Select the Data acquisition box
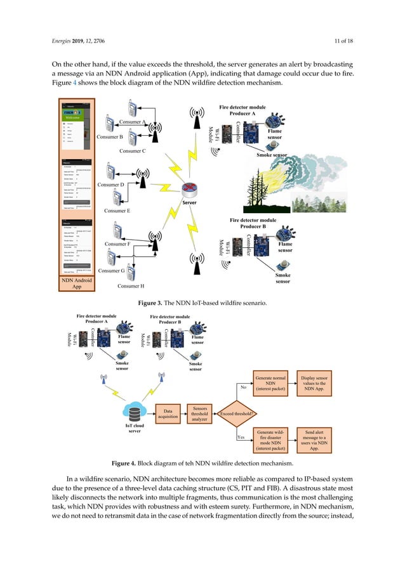(x=168, y=414)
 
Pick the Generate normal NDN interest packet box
(x=270, y=384)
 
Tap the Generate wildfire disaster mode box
(x=270, y=439)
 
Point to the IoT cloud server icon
(x=135, y=413)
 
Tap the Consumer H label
(x=132, y=286)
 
